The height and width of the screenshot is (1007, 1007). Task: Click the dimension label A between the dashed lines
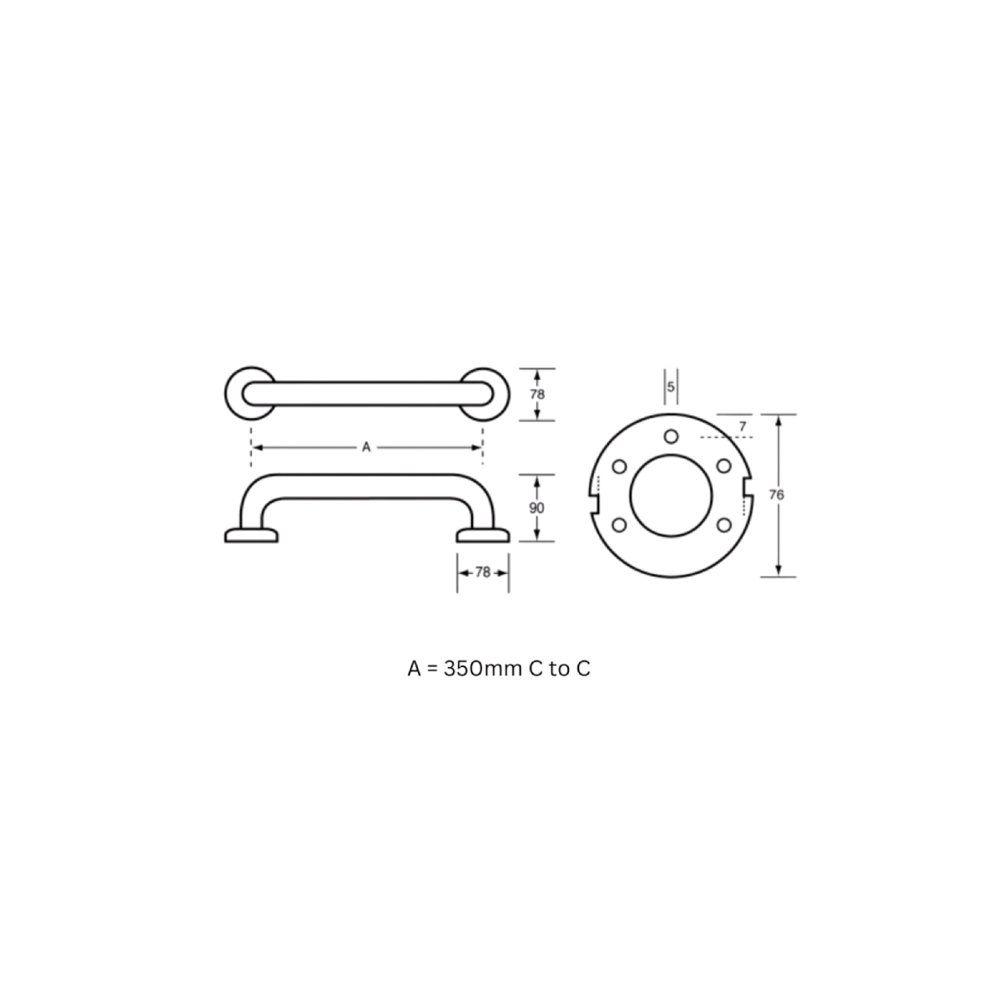click(x=367, y=447)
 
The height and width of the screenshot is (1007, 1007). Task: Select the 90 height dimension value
click(x=537, y=508)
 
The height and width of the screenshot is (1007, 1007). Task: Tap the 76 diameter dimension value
click(x=776, y=494)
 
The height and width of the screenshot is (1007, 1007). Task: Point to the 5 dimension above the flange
click(x=671, y=387)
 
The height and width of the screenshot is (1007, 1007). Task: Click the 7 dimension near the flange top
click(x=743, y=426)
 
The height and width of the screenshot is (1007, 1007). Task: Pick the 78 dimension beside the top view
click(x=537, y=394)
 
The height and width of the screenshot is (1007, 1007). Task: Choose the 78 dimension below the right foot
click(x=483, y=573)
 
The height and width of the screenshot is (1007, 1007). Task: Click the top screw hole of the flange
click(x=671, y=436)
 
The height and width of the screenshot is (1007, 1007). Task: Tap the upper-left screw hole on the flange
click(x=619, y=466)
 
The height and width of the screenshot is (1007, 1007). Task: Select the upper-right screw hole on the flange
click(x=723, y=466)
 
